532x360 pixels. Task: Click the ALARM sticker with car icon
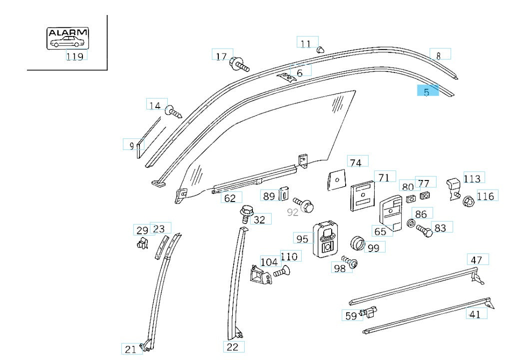pyautogui.click(x=67, y=38)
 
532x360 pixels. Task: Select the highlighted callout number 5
pyautogui.click(x=428, y=91)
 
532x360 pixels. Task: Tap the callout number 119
pyautogui.click(x=75, y=56)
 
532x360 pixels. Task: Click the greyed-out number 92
pyautogui.click(x=293, y=212)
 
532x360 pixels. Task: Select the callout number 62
pyautogui.click(x=230, y=198)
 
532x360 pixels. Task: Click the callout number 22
pyautogui.click(x=233, y=346)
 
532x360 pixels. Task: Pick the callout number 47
pyautogui.click(x=477, y=260)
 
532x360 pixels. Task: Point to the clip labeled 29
pyautogui.click(x=142, y=243)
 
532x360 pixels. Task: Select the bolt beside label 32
pyautogui.click(x=246, y=214)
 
